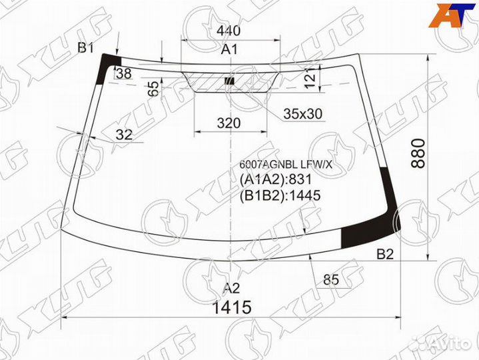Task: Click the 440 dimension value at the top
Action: click(x=229, y=31)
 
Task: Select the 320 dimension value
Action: click(x=229, y=123)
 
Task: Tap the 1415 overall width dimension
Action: click(x=232, y=307)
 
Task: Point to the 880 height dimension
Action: click(x=418, y=153)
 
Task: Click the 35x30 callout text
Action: click(x=302, y=114)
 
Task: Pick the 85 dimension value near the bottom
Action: click(x=331, y=279)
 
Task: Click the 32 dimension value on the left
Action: click(x=124, y=135)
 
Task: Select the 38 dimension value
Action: click(x=124, y=73)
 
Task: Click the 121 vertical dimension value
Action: click(x=310, y=78)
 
